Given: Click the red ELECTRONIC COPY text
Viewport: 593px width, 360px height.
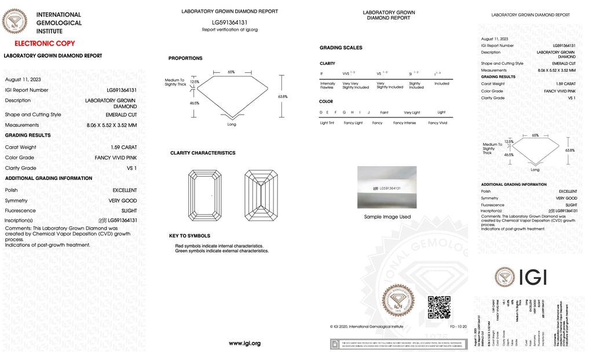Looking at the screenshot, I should coord(45,43).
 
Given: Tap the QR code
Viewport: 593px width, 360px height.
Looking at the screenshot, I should coord(438,307).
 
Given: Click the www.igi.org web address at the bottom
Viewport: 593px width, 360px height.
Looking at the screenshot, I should coord(244,343).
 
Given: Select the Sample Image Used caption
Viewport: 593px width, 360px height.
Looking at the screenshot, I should coord(387,217).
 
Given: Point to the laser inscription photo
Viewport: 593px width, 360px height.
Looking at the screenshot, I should coord(387,188).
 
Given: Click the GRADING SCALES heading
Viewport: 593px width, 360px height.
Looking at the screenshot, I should coord(341,47).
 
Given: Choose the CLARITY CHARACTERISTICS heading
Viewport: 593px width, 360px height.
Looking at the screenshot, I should coord(203,153).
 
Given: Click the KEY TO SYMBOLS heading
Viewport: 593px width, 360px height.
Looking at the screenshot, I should coord(189,236).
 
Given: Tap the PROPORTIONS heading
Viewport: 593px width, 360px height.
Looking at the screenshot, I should coord(185,58).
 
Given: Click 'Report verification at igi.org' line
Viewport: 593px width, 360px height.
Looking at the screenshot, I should coord(229,30).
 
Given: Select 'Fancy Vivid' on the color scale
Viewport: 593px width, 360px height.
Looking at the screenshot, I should coord(437,123).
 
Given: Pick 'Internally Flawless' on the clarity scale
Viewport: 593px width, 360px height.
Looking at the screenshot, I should coord(327,85).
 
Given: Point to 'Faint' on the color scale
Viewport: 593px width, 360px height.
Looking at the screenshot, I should coord(384,112).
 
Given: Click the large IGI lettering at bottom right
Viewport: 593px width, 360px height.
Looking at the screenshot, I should coord(532,277).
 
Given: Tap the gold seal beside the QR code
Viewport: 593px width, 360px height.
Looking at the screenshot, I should coord(398,300).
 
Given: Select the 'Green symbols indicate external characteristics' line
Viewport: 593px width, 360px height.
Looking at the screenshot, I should coord(222,251).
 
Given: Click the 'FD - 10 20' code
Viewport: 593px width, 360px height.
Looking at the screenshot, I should coord(457,326).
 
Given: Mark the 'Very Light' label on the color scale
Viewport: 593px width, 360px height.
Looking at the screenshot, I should coord(412,112).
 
